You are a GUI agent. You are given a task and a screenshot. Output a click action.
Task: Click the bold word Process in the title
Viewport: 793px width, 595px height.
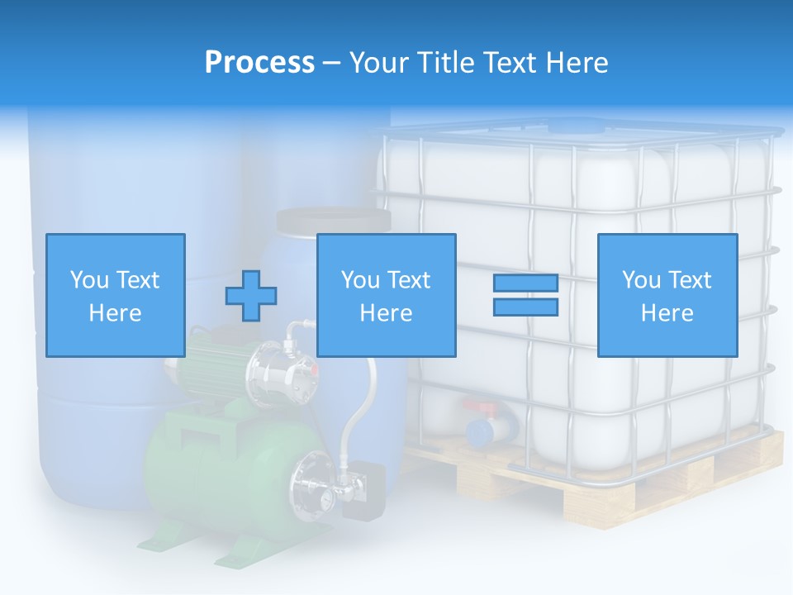click(x=259, y=63)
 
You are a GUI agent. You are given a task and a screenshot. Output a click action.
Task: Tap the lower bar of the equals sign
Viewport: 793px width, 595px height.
click(x=525, y=307)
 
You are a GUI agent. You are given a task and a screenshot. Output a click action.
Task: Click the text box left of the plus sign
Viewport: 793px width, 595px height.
click(x=116, y=295)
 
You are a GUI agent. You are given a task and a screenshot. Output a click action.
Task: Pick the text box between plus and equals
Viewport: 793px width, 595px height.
click(x=386, y=295)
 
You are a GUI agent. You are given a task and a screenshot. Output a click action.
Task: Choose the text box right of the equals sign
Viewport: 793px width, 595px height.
click(x=667, y=295)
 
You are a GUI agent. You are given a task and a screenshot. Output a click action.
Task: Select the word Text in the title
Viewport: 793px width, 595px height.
click(x=508, y=63)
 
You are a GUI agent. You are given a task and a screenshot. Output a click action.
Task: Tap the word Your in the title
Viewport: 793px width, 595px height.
click(x=378, y=63)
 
